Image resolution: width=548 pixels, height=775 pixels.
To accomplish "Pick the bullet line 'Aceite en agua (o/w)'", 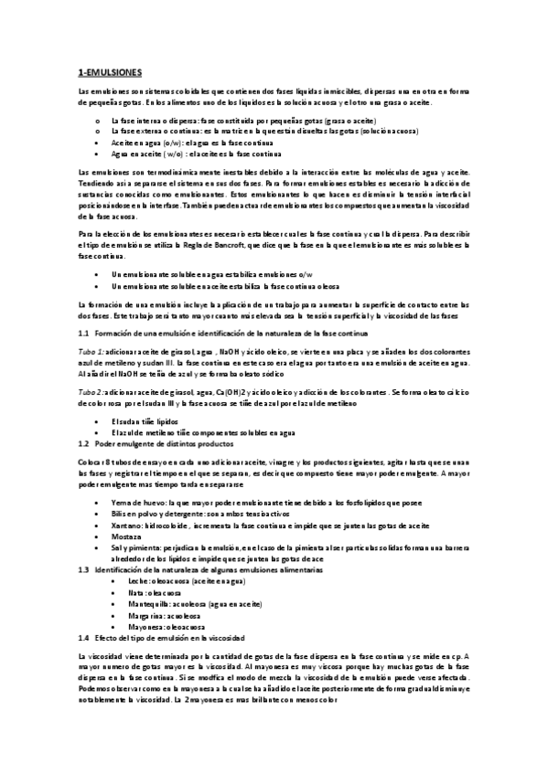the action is point(148,144).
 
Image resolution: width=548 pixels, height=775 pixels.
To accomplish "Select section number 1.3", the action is point(84,544).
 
